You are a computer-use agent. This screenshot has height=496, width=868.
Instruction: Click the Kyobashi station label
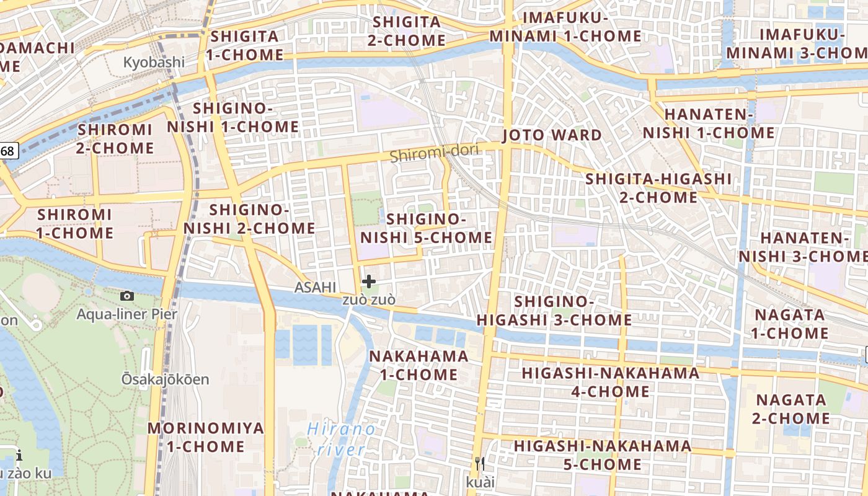point(154,62)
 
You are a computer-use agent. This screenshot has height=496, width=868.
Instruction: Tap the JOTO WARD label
point(552,135)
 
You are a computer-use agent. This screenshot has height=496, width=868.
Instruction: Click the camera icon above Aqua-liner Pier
point(127,296)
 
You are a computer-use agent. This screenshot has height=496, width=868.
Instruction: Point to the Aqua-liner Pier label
point(126,314)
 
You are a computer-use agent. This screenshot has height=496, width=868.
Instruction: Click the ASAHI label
point(315,287)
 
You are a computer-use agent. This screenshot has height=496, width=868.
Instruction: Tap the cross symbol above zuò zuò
point(369,282)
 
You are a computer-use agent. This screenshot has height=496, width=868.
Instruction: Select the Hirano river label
point(342,438)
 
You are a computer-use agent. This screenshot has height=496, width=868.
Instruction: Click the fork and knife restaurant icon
point(479,464)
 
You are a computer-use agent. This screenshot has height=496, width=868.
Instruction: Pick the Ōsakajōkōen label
point(165,379)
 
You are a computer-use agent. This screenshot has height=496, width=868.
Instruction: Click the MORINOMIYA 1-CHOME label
point(205,437)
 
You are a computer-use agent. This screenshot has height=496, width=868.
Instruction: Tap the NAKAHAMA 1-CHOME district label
point(418,365)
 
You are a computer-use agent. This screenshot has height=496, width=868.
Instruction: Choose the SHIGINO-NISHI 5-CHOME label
point(426,228)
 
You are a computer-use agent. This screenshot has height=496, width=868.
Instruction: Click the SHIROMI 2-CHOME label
point(115,139)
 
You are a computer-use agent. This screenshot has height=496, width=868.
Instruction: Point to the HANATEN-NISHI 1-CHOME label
point(709,123)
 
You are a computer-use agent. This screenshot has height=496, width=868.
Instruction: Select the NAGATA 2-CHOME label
point(791,409)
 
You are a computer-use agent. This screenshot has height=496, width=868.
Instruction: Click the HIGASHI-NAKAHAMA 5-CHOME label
point(603,454)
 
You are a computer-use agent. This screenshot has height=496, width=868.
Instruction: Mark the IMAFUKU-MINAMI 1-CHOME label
point(565,27)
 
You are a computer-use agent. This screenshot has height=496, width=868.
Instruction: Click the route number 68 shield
point(7,151)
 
